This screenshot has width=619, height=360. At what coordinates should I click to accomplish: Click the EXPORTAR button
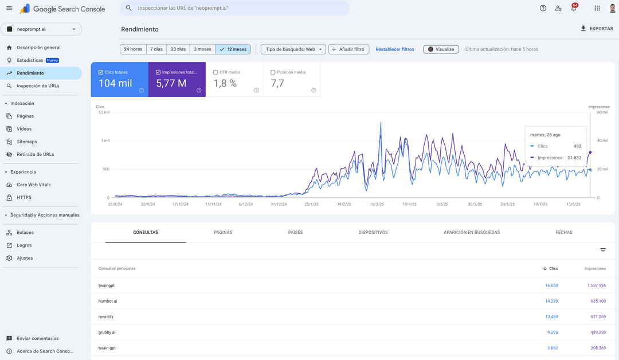click(x=597, y=29)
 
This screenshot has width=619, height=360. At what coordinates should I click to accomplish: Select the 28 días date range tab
click(x=178, y=49)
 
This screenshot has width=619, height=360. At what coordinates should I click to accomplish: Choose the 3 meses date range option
click(x=202, y=49)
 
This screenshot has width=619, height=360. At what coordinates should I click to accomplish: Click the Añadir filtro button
click(x=348, y=49)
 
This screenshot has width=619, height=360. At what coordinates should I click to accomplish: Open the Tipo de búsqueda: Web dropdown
click(x=293, y=49)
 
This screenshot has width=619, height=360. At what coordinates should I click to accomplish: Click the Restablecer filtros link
click(x=394, y=49)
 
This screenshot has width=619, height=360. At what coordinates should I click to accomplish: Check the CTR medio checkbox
click(x=216, y=72)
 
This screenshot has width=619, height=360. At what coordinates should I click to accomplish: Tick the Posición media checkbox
click(x=273, y=72)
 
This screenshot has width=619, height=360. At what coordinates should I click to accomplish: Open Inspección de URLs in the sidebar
click(x=38, y=86)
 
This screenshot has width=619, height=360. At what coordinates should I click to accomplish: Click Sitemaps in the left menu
click(x=27, y=142)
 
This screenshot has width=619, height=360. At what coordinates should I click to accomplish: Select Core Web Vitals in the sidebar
click(x=33, y=185)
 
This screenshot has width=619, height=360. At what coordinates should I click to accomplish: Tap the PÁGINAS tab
click(x=223, y=232)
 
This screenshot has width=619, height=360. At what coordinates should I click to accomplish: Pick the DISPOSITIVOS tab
click(x=373, y=232)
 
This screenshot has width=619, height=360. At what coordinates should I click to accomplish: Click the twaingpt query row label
click(x=107, y=285)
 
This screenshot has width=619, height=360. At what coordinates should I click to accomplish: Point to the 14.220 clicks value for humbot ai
click(x=551, y=301)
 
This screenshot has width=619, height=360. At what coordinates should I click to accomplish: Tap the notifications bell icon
click(x=574, y=8)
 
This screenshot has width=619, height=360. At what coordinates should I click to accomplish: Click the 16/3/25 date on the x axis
click(x=377, y=204)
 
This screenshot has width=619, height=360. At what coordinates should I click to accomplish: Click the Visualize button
click(x=441, y=49)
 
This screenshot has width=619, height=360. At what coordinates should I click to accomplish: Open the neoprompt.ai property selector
click(x=41, y=29)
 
